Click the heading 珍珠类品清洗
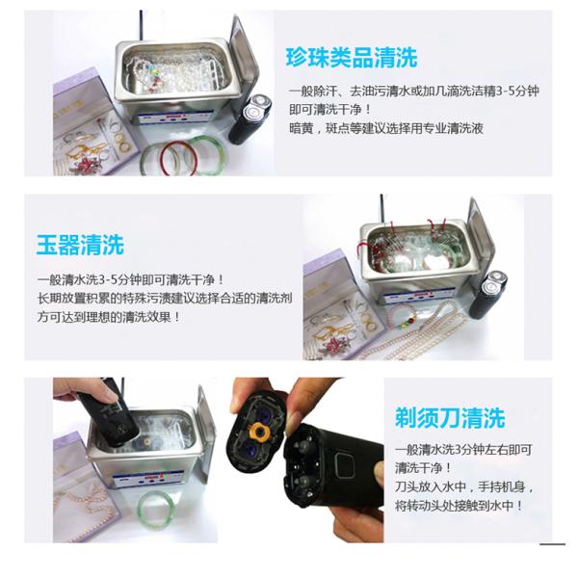click(352, 58)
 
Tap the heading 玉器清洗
click(80, 245)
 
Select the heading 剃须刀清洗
click(450, 418)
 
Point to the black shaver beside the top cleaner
click(250, 118)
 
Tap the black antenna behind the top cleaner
click(141, 26)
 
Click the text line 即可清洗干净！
click(329, 110)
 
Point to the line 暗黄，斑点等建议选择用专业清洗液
click(386, 128)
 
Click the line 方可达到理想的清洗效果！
click(108, 317)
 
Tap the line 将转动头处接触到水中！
click(459, 506)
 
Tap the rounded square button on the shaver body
click(344, 463)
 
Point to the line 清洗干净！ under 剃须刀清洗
click(423, 468)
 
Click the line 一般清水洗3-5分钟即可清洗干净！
click(131, 279)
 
